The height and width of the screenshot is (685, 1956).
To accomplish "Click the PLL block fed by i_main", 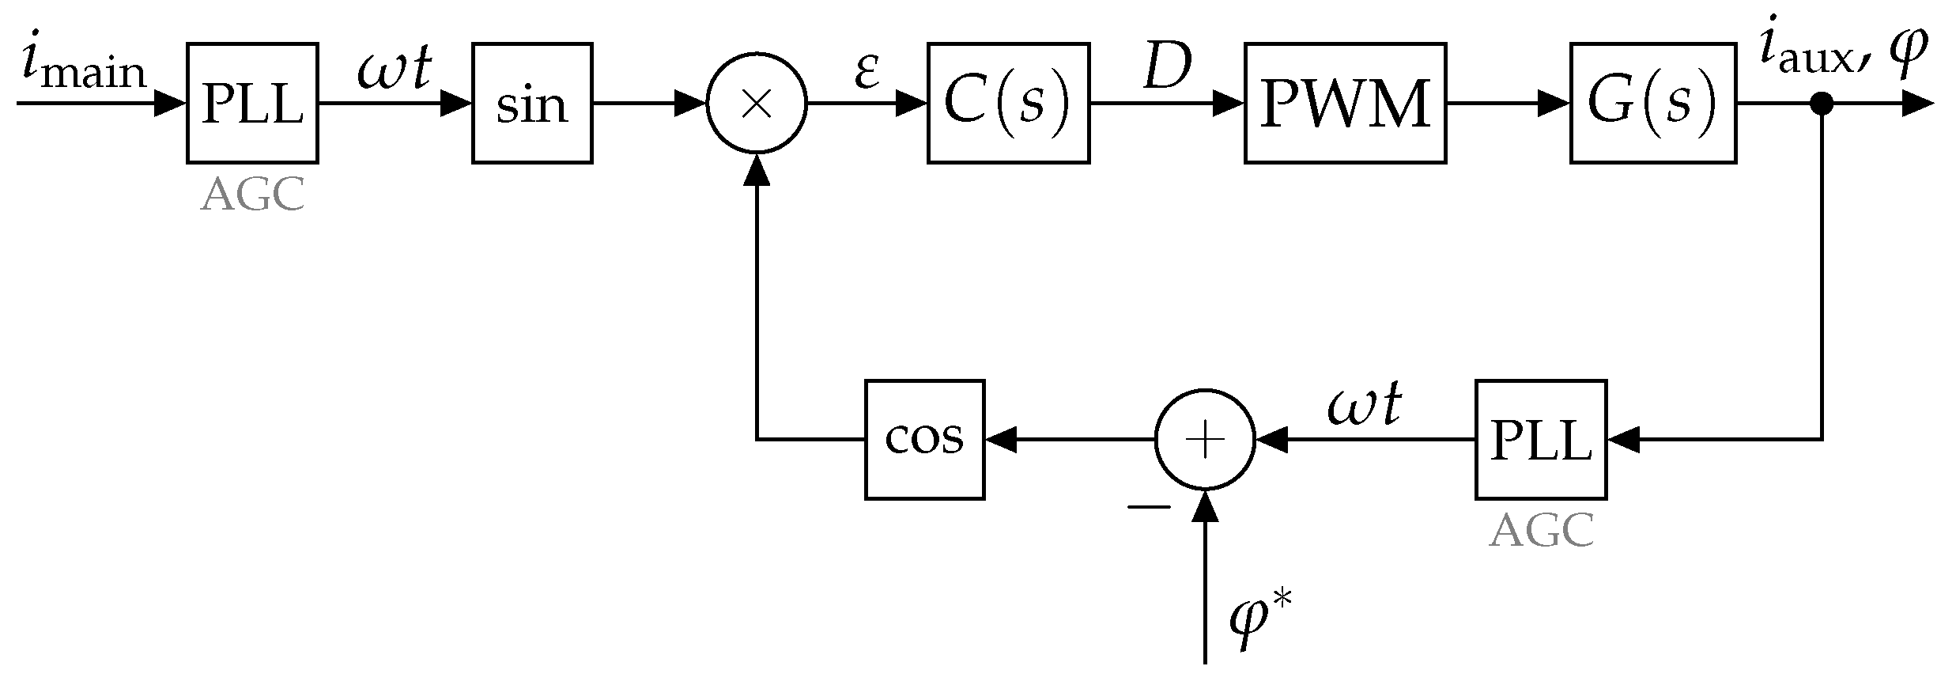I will [x=252, y=103].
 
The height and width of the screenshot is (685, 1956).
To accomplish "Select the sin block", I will [x=532, y=103].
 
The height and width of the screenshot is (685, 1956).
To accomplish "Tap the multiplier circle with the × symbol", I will [x=757, y=104].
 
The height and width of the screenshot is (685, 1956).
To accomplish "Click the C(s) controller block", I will [x=1008, y=103].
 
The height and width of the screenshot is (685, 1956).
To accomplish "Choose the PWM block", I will [x=1345, y=103].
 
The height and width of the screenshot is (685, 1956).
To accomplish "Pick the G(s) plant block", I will [x=1652, y=103].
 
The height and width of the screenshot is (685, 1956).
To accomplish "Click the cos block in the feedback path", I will [x=924, y=439].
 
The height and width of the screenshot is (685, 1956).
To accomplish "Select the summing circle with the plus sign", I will [x=1205, y=439].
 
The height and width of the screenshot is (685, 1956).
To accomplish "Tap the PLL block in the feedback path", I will [x=1540, y=439].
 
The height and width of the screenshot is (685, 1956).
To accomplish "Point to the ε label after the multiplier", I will [x=867, y=72].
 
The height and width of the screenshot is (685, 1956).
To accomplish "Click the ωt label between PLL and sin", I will [x=394, y=69].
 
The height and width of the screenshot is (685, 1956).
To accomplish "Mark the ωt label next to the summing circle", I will [x=1364, y=404].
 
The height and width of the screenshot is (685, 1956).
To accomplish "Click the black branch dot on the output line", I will [x=1822, y=103].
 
